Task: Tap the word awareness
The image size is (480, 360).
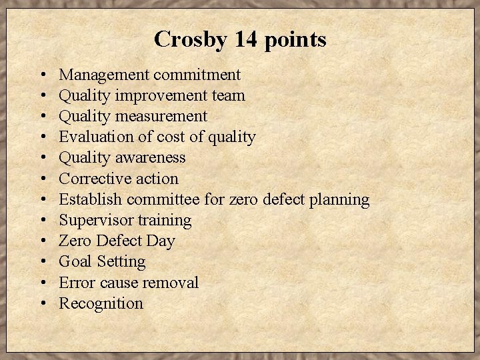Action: pyautogui.click(x=153, y=157)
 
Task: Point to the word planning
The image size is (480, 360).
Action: pyautogui.click(x=338, y=200)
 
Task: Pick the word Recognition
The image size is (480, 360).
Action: pyautogui.click(x=101, y=304)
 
